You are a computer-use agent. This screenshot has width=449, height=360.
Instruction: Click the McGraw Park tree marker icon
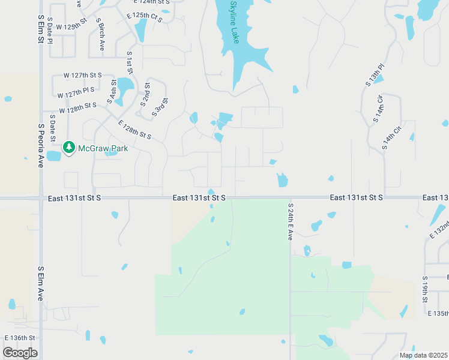(69, 147)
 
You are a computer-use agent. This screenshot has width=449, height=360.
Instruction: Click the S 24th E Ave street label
(290, 222)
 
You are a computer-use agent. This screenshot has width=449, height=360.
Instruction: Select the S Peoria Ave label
(41, 146)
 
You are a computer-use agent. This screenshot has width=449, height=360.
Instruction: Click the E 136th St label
(20, 338)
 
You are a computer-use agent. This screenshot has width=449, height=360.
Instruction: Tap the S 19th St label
(424, 289)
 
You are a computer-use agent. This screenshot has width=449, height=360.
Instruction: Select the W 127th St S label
(83, 76)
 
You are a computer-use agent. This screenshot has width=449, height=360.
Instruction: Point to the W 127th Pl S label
(76, 92)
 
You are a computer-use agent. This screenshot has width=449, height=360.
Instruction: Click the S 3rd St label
(161, 107)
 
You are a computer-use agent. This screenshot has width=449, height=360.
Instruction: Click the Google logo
(20, 353)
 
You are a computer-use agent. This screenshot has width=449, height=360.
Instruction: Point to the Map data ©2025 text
(423, 355)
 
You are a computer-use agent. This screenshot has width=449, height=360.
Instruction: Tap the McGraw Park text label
(103, 148)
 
